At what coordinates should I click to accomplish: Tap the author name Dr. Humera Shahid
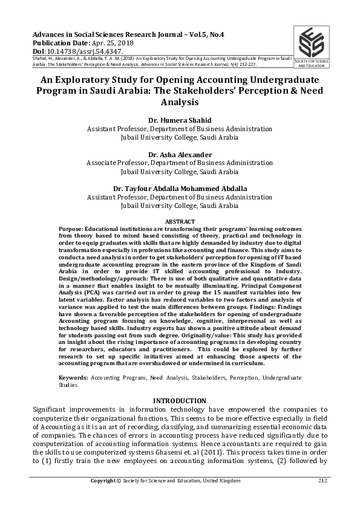coord(180,120)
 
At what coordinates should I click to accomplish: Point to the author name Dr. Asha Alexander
coord(180,154)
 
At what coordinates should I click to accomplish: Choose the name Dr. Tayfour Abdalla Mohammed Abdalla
coord(180,189)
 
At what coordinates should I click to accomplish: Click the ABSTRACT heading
coord(180,222)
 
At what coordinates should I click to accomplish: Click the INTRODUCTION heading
coord(180,401)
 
